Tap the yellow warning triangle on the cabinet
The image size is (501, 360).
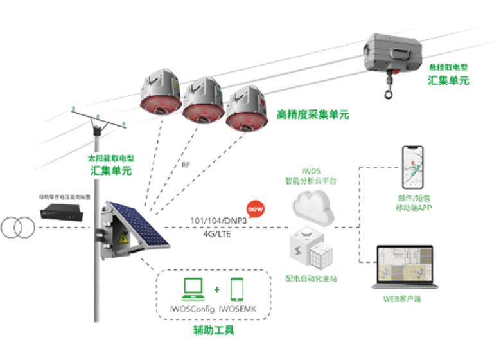click(121, 237)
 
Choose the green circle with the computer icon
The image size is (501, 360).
click(195, 287)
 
